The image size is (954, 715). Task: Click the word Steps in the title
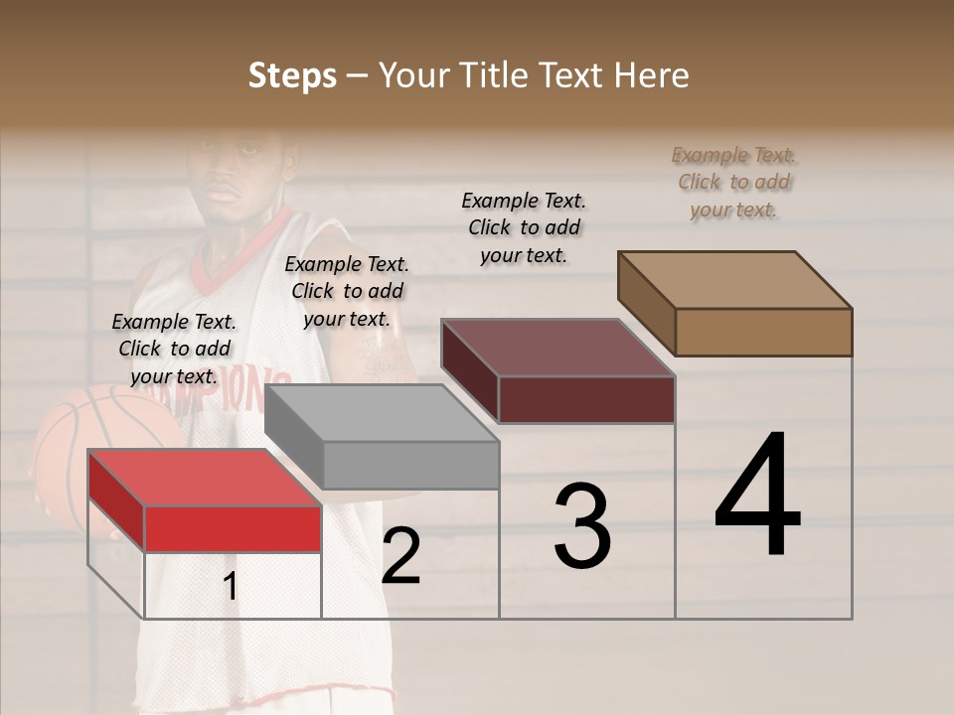[292, 75]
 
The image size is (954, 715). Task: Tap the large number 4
[757, 496]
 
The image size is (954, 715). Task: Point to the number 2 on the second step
[400, 556]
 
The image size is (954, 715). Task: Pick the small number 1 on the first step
[230, 587]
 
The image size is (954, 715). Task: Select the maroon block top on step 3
[557, 348]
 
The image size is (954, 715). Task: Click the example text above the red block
[174, 349]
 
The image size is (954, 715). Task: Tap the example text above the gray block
[347, 291]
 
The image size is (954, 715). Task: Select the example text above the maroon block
[524, 227]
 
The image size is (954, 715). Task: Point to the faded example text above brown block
[733, 182]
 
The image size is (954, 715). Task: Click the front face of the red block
[233, 528]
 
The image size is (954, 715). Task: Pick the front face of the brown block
[763, 332]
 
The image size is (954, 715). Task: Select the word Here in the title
[652, 75]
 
